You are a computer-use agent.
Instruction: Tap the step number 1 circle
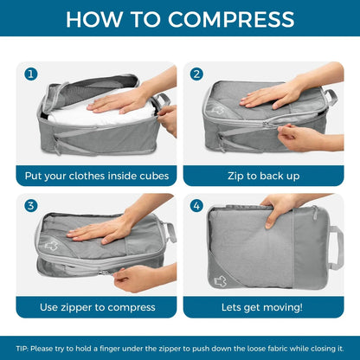tap(31, 74)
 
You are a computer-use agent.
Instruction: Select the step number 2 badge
tap(196, 74)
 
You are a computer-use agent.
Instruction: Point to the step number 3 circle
tap(31, 206)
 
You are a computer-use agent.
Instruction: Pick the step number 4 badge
tap(196, 206)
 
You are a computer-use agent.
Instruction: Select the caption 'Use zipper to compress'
tap(96, 306)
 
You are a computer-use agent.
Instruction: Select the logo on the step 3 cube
tap(51, 246)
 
